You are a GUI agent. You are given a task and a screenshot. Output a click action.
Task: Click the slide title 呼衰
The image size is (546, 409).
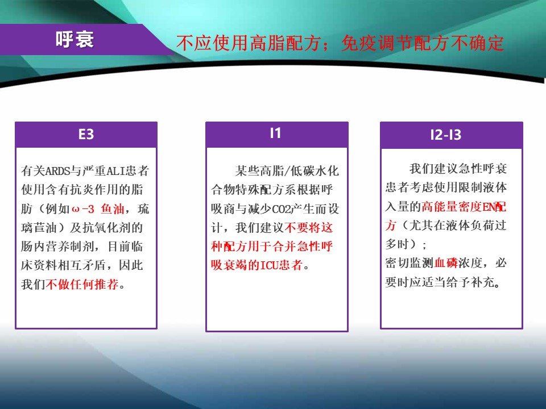click(75, 39)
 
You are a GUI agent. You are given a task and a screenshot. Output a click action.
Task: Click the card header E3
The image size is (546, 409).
click(86, 134)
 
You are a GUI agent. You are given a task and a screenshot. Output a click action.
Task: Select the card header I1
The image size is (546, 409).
click(275, 133)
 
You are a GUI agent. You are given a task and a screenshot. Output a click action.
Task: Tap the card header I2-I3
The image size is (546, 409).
click(446, 135)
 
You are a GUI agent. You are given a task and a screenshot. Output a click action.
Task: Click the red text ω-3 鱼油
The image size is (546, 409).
click(98, 208)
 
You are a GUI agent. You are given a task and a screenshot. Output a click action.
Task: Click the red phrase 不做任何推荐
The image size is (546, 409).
click(82, 284)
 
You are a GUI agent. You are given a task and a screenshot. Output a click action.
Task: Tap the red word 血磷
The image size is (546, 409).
click(446, 262)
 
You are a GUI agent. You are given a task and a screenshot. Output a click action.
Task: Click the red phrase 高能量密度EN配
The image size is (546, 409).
click(464, 207)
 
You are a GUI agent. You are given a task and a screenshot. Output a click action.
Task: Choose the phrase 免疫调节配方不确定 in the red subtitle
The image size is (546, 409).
click(423, 43)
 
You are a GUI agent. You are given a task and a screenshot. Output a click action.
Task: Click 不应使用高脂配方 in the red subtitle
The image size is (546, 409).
click(249, 43)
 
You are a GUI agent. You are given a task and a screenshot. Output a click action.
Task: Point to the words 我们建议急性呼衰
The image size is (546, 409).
click(458, 169)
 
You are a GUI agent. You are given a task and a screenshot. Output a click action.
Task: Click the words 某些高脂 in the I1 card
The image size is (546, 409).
click(259, 171)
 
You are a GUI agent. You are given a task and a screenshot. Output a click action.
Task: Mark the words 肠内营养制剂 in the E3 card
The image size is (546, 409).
click(57, 247)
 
